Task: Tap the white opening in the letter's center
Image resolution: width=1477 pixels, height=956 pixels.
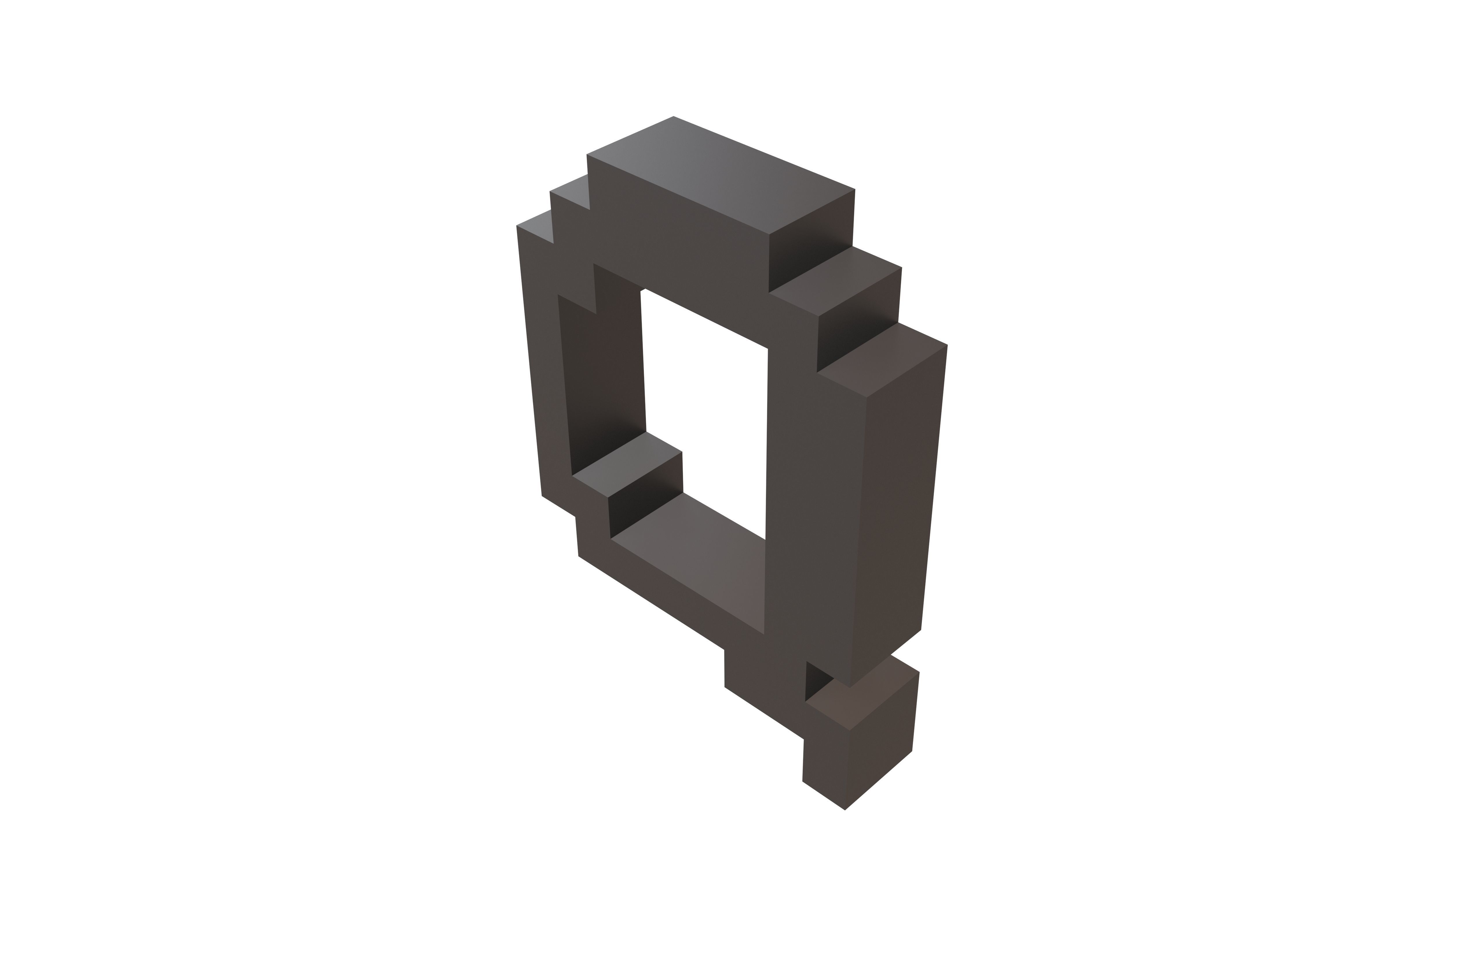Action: (x=704, y=410)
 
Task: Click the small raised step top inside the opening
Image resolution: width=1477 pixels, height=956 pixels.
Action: (x=627, y=466)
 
